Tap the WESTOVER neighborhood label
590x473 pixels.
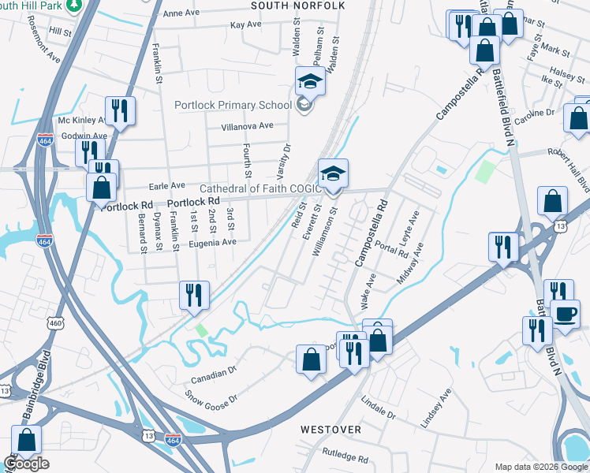tap(330, 430)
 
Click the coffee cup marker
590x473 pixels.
tap(565, 313)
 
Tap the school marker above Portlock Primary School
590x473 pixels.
tap(311, 81)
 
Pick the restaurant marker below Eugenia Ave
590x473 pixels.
tap(194, 296)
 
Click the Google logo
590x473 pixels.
tap(26, 464)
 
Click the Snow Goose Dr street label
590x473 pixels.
tap(209, 399)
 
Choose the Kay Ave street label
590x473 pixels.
tap(245, 24)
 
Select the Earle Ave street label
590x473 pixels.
tap(166, 185)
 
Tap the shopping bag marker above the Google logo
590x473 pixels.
tap(26, 441)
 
